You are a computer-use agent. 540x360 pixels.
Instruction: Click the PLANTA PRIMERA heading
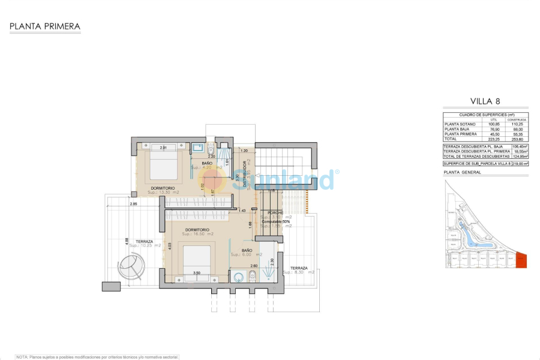(x=45, y=26)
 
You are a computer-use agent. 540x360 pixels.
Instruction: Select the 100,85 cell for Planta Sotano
(x=494, y=124)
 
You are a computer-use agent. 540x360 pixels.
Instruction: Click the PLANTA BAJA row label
(x=456, y=129)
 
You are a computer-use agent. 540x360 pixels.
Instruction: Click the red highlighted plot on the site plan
(x=521, y=261)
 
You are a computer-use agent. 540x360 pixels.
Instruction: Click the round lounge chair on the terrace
(x=131, y=266)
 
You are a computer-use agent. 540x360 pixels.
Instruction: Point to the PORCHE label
(x=271, y=212)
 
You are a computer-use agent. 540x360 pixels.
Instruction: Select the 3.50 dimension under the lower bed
(x=196, y=274)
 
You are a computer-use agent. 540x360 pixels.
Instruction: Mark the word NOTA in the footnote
(x=22, y=357)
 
